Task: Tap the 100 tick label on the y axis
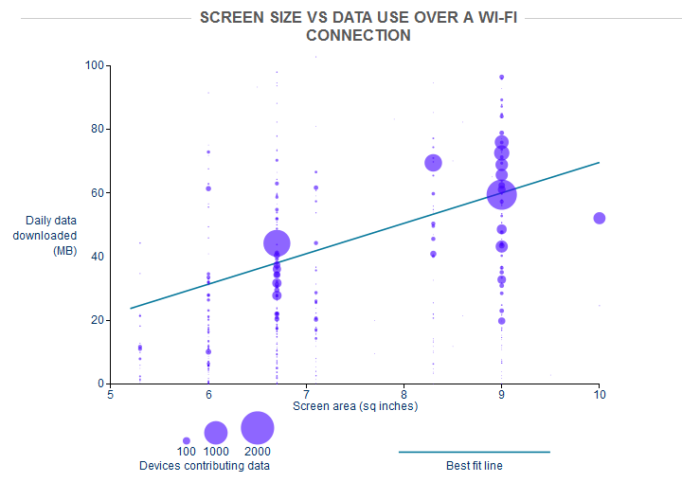[x=94, y=65]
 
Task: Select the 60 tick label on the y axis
[x=97, y=192]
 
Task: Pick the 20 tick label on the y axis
[x=97, y=320]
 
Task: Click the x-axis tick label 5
[x=110, y=393]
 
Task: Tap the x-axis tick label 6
[x=207, y=393]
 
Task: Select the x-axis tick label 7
[x=305, y=393]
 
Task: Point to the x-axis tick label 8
[x=404, y=393]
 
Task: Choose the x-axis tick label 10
[x=598, y=393]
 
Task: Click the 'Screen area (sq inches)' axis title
[x=355, y=406]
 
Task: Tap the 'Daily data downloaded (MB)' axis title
[x=51, y=236]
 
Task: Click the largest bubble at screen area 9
[x=501, y=194]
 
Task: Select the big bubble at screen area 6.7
[x=277, y=244]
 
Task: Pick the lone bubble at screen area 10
[x=599, y=218]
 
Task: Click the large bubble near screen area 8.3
[x=434, y=163]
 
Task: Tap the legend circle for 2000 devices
[x=257, y=428]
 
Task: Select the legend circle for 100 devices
[x=187, y=440]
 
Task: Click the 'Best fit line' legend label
[x=474, y=465]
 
